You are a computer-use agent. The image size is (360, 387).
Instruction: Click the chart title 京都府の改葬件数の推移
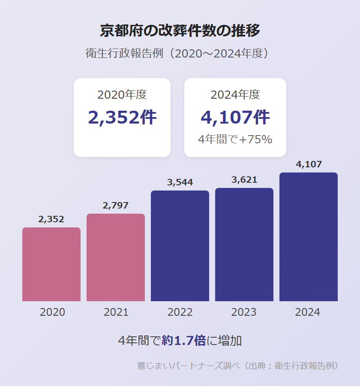[180, 31]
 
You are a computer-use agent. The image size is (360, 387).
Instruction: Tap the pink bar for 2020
[51, 264]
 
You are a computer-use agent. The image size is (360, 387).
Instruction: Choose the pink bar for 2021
[116, 257]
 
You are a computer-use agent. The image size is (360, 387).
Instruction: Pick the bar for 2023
[244, 245]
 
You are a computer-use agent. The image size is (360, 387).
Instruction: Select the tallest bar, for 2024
[309, 237]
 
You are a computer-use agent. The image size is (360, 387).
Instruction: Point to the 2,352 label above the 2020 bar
[51, 219]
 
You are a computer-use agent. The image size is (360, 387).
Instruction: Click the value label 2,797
[116, 206]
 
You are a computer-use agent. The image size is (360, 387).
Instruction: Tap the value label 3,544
[180, 182]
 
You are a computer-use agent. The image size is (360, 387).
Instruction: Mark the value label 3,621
[244, 180]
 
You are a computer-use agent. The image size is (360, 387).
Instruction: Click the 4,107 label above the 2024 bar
[309, 164]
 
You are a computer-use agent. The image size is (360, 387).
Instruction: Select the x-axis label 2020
[52, 312]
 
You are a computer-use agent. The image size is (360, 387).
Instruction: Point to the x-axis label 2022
[180, 312]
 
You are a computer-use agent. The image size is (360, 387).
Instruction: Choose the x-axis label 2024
[308, 312]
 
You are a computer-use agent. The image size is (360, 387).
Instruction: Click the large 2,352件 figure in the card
[122, 118]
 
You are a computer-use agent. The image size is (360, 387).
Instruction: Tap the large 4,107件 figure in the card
[235, 118]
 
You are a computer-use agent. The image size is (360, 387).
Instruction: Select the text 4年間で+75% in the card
[235, 139]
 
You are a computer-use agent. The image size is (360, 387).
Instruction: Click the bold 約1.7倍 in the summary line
[183, 341]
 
